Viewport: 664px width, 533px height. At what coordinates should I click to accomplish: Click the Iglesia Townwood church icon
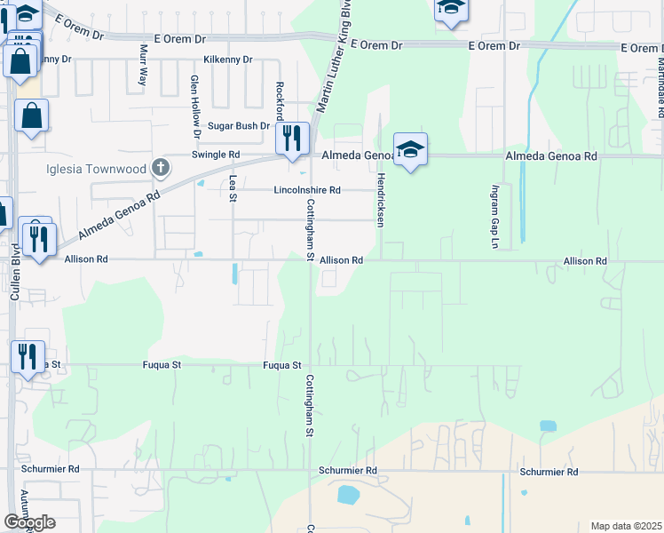(x=161, y=167)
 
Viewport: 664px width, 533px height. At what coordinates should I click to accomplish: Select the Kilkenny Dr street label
(x=228, y=60)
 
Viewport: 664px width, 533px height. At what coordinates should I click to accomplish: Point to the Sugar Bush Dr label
(x=238, y=126)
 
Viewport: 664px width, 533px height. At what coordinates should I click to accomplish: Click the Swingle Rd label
(x=217, y=155)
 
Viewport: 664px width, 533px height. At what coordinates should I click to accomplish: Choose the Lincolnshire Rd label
(x=307, y=190)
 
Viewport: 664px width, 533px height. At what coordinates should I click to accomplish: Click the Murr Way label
(x=143, y=65)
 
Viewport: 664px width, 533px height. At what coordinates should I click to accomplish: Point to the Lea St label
(x=233, y=187)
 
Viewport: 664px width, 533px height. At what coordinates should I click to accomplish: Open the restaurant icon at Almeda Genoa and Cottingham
(x=292, y=139)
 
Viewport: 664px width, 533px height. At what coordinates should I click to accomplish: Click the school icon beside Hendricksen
(x=410, y=150)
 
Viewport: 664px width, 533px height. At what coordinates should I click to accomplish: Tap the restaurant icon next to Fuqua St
(x=28, y=357)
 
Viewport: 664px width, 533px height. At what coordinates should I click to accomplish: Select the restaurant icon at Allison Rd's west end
(x=38, y=240)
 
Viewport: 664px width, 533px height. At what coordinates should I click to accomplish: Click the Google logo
(x=29, y=522)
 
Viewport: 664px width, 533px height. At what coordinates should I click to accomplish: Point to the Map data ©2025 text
(x=625, y=526)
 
